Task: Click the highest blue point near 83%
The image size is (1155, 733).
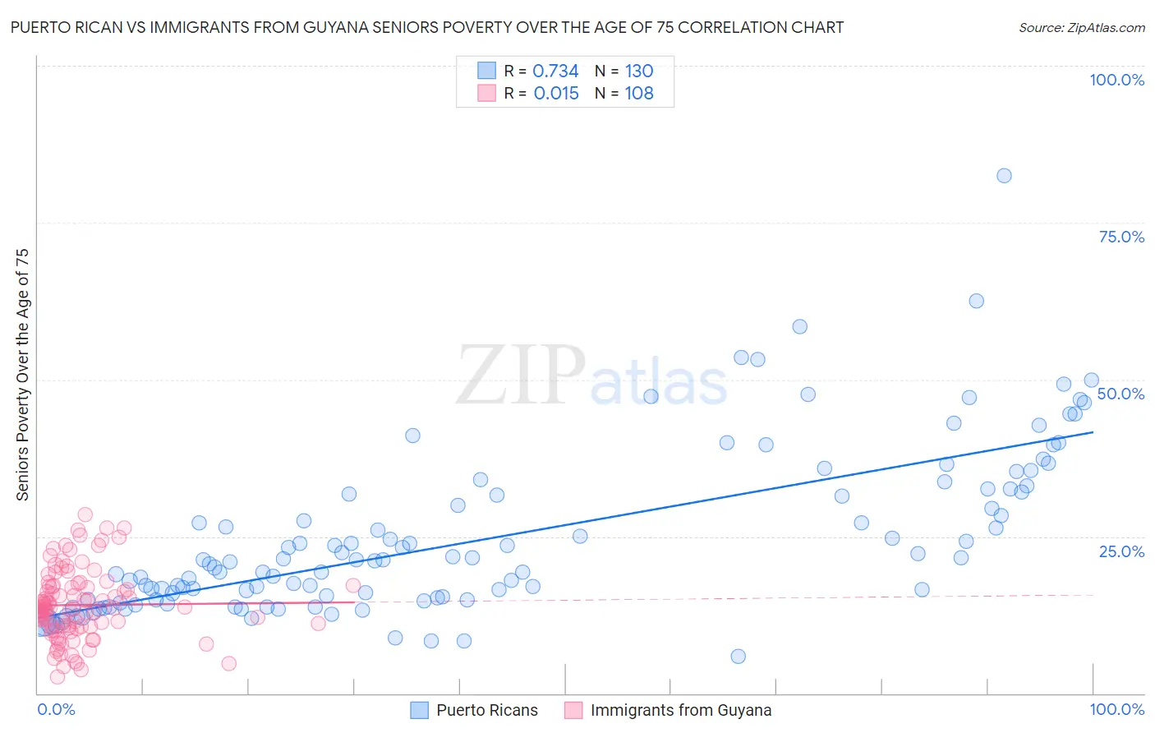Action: [1004, 175]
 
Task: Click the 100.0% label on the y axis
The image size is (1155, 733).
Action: [1116, 80]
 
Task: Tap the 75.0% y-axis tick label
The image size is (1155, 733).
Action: [1121, 237]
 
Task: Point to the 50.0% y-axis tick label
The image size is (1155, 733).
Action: [1120, 394]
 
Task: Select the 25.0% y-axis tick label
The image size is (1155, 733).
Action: [1121, 551]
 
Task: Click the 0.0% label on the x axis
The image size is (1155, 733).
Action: [56, 709]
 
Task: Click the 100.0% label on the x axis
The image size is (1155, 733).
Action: [1116, 709]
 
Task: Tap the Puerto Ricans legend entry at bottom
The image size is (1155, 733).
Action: [486, 710]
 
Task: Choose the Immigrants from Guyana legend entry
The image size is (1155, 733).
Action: [680, 710]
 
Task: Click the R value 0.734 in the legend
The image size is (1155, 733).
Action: [555, 71]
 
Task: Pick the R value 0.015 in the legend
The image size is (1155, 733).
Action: [556, 94]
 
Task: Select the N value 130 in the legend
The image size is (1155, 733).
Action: [639, 71]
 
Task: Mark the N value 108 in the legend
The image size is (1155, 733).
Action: [639, 94]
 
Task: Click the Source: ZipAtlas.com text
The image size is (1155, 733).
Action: [1081, 27]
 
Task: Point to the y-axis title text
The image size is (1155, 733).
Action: [23, 375]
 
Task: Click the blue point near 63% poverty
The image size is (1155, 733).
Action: [976, 301]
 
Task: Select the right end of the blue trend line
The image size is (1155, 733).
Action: [1093, 432]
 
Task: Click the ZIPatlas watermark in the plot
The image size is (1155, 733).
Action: [591, 376]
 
